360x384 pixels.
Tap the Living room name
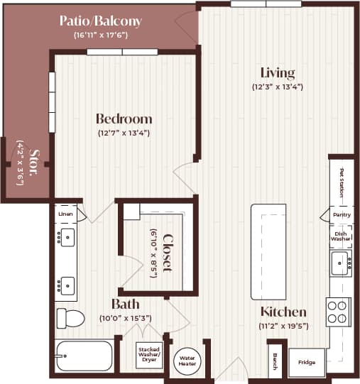(x=277, y=73)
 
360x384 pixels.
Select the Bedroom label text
(x=124, y=119)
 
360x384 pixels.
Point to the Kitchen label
(x=283, y=312)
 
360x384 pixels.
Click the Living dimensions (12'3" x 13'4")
(x=277, y=87)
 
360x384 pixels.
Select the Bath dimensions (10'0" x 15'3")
(x=125, y=319)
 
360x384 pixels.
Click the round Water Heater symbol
(x=187, y=359)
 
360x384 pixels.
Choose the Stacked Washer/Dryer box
(x=149, y=353)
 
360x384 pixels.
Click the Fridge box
(x=306, y=362)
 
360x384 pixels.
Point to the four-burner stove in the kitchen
(x=338, y=311)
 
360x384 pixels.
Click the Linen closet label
(x=65, y=213)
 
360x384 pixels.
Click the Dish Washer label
(x=339, y=236)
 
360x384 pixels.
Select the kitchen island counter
(x=268, y=251)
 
